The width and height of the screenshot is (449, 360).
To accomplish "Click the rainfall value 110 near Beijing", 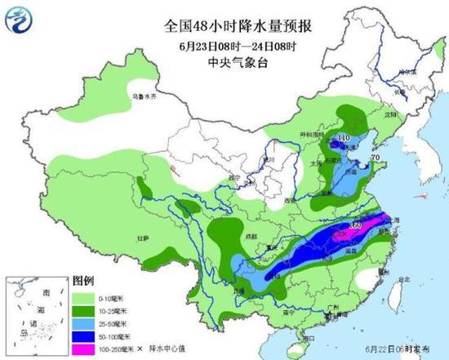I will pyautogui.click(x=344, y=139).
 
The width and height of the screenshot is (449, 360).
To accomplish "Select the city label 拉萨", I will pyautogui.click(x=143, y=238).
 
